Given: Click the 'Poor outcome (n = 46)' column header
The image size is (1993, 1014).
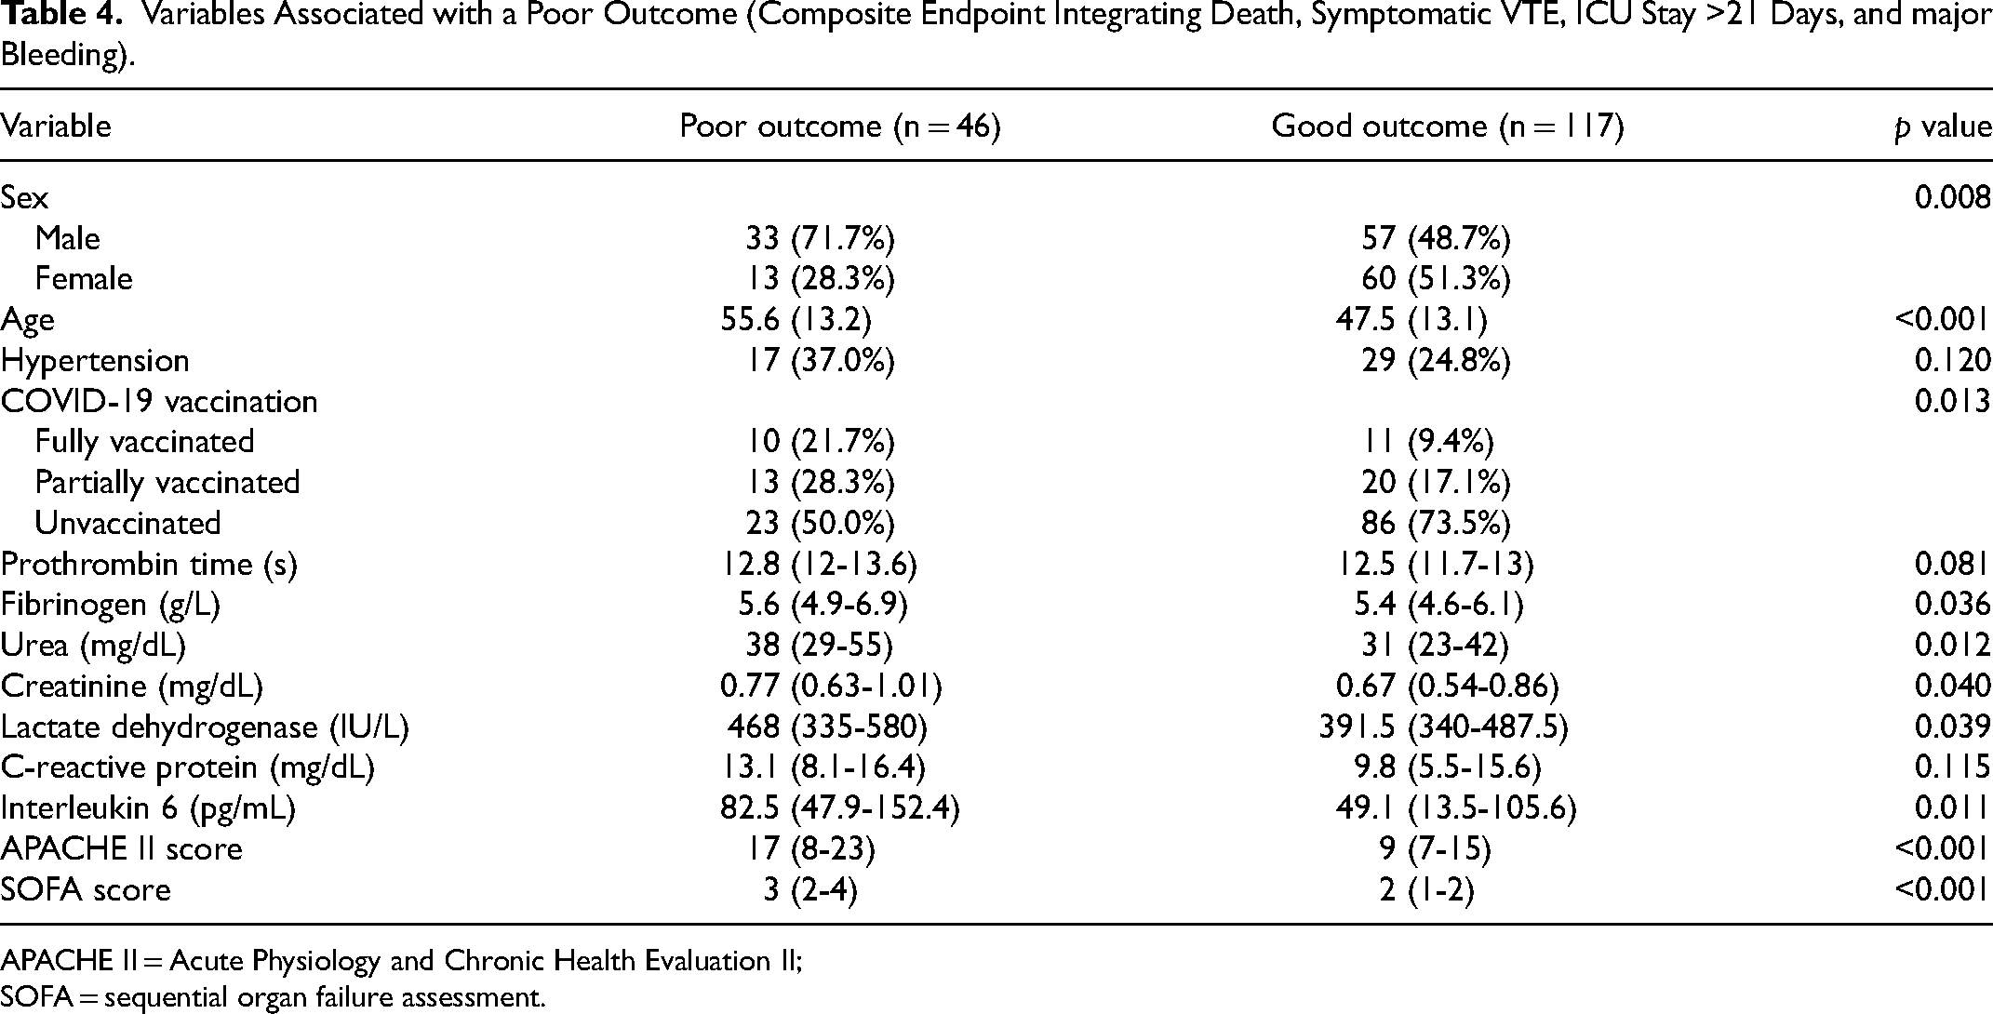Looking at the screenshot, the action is click(x=840, y=127).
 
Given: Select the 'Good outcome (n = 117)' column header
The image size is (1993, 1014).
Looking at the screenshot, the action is click(x=1448, y=127).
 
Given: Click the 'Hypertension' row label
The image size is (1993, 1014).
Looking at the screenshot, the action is click(x=95, y=361).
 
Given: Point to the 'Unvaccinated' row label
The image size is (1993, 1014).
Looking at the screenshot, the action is click(x=128, y=523).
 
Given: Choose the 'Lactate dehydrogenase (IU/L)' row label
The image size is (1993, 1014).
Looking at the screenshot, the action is click(x=205, y=727).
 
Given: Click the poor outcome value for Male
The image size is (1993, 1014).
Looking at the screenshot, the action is click(x=820, y=239).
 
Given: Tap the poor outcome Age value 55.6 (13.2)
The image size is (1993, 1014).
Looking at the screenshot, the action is click(x=796, y=320).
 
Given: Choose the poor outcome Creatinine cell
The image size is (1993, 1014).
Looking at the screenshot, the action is click(x=831, y=687).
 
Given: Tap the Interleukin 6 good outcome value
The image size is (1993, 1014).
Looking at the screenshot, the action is click(x=1456, y=808).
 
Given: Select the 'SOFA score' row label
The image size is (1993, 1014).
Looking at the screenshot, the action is click(x=86, y=889).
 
